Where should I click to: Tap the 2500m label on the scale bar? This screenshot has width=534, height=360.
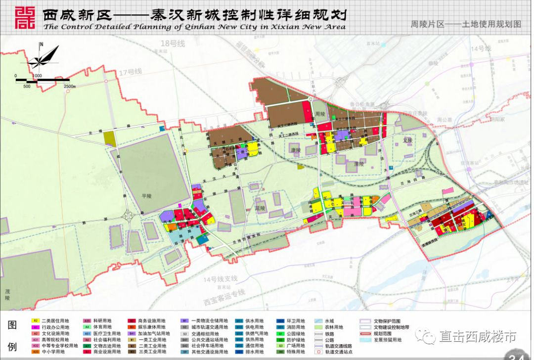pyautogui.click(x=69, y=86)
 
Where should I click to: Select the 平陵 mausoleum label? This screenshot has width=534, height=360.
pyautogui.click(x=145, y=196)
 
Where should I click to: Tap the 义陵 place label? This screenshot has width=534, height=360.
pyautogui.click(x=407, y=140)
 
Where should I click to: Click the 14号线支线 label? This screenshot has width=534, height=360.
pyautogui.click(x=220, y=279)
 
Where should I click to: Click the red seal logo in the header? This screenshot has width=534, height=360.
pyautogui.click(x=25, y=18)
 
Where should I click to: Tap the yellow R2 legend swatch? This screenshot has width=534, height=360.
pyautogui.click(x=36, y=320)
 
